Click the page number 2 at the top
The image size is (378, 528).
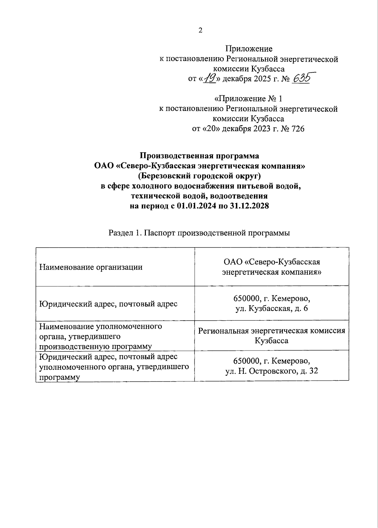[200, 30]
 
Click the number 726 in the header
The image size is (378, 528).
[297, 129]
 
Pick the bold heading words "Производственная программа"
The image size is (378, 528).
[200, 156]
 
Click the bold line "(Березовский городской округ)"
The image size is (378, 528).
[200, 176]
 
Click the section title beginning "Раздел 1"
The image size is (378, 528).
[199, 233]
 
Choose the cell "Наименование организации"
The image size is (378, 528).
[91, 267]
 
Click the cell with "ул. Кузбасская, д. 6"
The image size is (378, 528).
[272, 309]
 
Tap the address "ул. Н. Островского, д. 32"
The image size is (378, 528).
[272, 371]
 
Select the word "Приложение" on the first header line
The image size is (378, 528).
[249, 49]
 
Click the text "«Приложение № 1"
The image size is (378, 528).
[248, 99]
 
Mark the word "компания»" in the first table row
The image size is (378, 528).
[303, 272]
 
